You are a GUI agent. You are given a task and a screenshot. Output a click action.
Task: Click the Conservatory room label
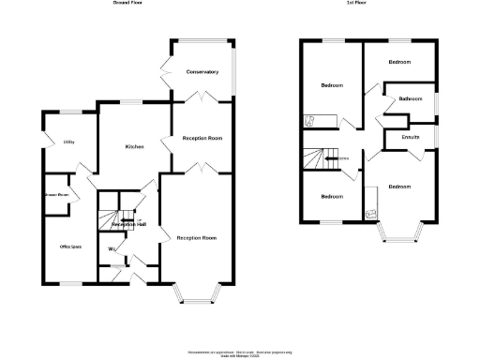click(x=202, y=72)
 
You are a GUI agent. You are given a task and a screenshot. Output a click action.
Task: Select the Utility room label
click(x=68, y=142)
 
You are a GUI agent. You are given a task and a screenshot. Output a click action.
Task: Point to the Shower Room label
click(x=57, y=195)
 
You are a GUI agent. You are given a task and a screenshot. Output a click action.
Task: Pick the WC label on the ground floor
click(x=112, y=248)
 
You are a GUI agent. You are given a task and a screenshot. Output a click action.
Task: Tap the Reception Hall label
click(x=128, y=225)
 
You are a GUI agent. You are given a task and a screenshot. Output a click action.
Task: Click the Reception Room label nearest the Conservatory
click(x=202, y=138)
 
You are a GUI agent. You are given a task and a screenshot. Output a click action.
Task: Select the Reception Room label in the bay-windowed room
click(x=197, y=238)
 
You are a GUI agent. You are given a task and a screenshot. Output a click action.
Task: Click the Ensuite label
click(x=410, y=138)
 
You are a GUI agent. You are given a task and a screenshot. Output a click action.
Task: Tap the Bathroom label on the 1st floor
click(x=410, y=98)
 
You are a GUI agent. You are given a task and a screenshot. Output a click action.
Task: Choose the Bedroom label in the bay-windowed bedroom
click(x=399, y=187)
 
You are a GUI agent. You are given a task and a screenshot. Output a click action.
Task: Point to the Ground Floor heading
click(x=127, y=4)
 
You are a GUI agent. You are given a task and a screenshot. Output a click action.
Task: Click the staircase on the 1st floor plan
click(x=322, y=158)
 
